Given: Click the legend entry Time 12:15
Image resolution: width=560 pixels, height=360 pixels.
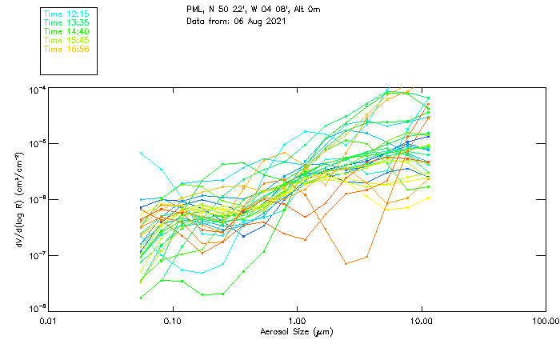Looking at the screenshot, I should point(66,14).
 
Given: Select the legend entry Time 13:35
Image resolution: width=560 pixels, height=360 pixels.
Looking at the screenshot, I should point(66,23).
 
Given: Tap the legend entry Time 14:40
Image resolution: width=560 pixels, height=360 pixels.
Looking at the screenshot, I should point(66,32).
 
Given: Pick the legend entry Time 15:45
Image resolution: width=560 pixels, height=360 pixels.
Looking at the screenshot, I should point(66,40).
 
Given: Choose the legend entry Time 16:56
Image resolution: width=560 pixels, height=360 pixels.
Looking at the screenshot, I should point(66,49).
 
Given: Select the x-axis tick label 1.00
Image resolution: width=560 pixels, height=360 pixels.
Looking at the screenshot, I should point(297,321).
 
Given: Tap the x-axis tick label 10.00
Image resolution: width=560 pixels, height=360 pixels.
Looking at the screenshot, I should point(421,321).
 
